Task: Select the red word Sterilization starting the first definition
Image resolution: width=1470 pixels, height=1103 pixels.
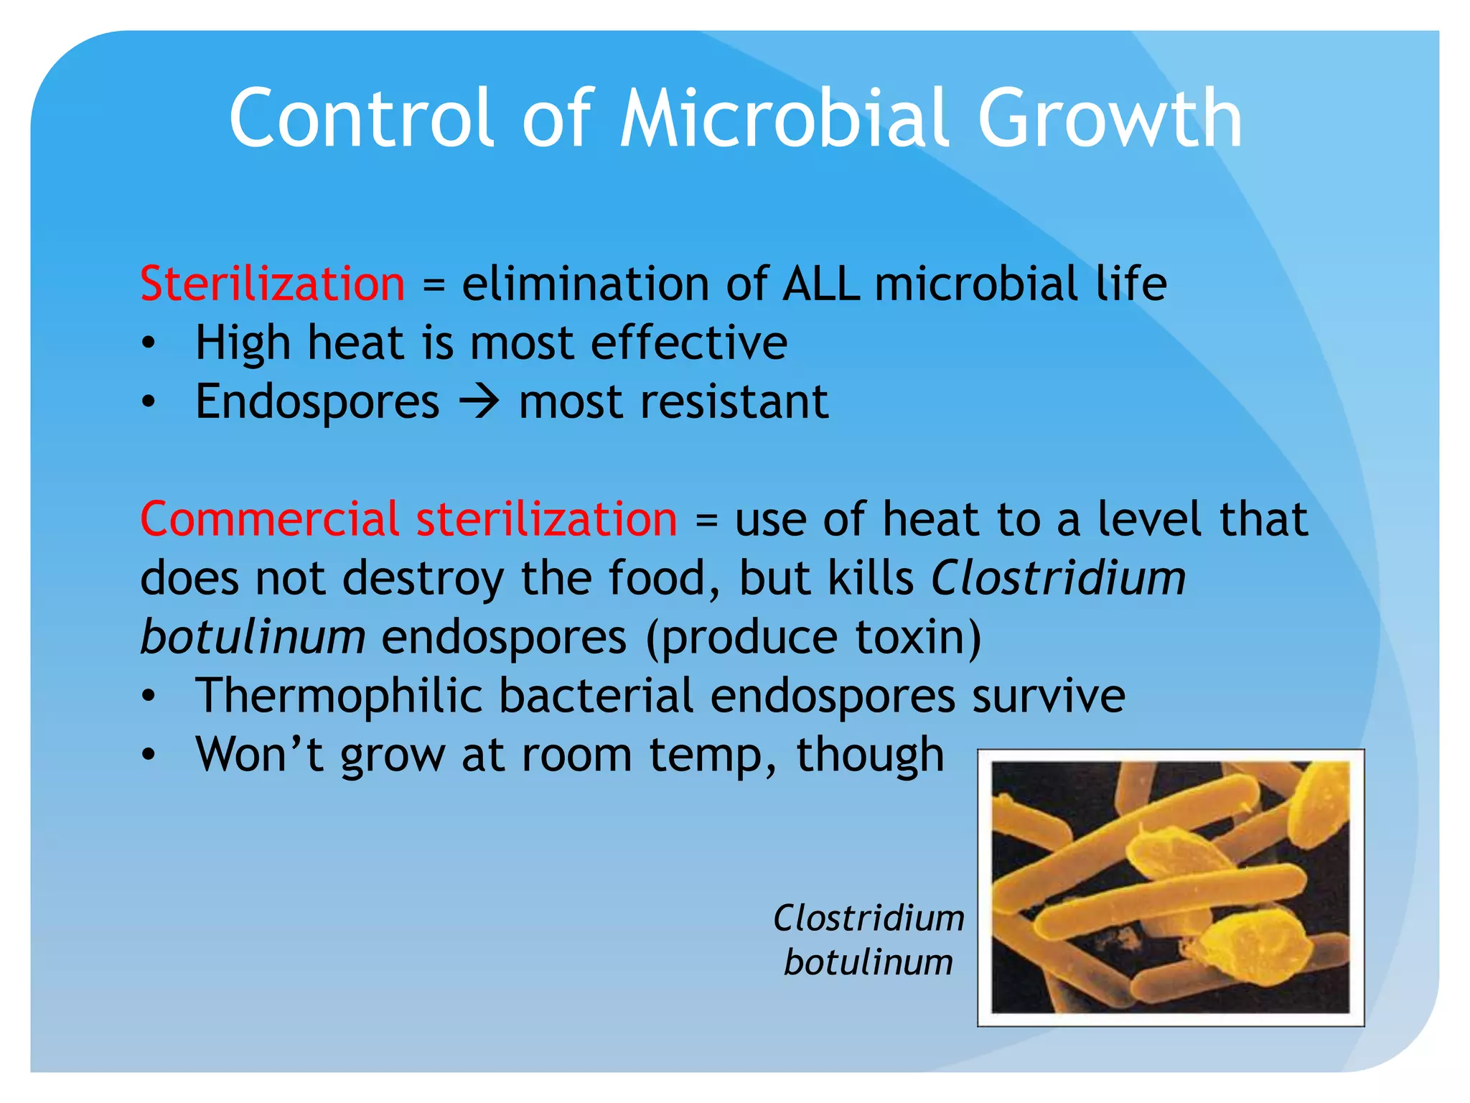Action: click(273, 284)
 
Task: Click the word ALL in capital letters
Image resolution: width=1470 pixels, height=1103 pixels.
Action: click(821, 284)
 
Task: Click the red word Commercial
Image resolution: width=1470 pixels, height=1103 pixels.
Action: click(269, 519)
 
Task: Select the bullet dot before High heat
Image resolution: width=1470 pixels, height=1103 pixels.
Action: click(148, 344)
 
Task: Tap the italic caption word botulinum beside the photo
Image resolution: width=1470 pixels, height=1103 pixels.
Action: click(869, 962)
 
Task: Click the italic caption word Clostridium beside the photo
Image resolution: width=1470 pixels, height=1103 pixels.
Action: click(869, 918)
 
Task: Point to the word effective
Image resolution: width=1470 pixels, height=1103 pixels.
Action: click(688, 343)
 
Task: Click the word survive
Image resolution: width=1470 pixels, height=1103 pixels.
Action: click(1048, 696)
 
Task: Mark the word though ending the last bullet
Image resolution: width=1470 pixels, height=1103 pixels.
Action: click(870, 755)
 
